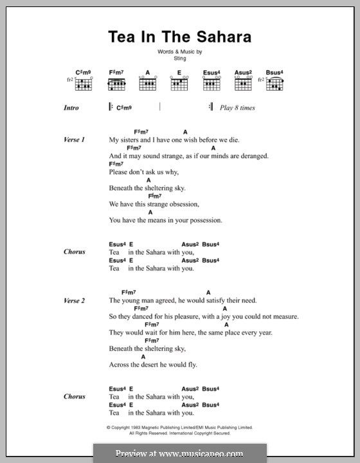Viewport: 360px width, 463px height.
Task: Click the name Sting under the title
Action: (179, 58)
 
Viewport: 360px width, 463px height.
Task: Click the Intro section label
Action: (71, 108)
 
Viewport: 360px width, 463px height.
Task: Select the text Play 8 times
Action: (237, 108)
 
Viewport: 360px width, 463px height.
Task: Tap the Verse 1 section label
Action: (75, 140)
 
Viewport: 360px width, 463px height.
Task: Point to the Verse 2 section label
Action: (75, 300)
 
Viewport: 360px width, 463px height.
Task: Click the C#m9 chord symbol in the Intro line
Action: (125, 109)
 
